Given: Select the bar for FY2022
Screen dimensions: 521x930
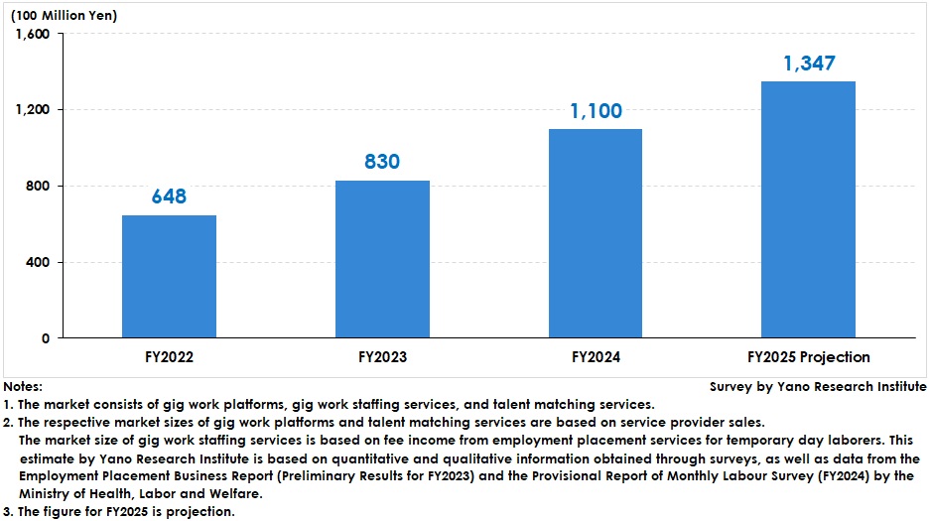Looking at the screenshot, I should click(x=169, y=277).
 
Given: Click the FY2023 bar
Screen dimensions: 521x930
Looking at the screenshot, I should click(x=382, y=259).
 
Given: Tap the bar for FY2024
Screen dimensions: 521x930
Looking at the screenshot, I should click(x=596, y=233).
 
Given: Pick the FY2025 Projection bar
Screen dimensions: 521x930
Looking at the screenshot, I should click(x=808, y=209).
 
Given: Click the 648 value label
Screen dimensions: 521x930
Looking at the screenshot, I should click(x=169, y=196).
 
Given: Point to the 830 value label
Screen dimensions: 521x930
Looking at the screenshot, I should click(x=382, y=162).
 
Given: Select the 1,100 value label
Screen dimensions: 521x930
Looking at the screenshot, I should click(x=596, y=110).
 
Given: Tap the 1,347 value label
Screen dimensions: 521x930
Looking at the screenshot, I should click(x=808, y=64).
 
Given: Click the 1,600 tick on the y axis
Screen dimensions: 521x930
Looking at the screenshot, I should click(x=34, y=34).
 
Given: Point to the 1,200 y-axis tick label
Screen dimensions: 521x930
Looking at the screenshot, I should click(x=34, y=110).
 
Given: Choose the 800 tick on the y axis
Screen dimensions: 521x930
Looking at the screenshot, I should click(x=40, y=187).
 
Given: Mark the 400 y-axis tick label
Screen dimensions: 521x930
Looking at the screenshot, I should click(x=40, y=262).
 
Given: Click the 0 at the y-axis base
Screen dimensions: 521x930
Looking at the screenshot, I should click(x=46, y=338).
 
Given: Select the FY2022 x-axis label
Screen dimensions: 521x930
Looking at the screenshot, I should click(x=169, y=357).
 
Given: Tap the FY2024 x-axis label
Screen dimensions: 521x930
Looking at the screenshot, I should click(x=596, y=357).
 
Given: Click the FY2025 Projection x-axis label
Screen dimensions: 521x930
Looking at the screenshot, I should click(x=808, y=357).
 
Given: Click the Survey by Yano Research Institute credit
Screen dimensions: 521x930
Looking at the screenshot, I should click(x=818, y=387).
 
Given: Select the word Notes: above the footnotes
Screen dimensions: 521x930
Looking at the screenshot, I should click(x=23, y=387).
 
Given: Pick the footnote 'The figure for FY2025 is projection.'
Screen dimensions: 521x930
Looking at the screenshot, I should click(x=125, y=512).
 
